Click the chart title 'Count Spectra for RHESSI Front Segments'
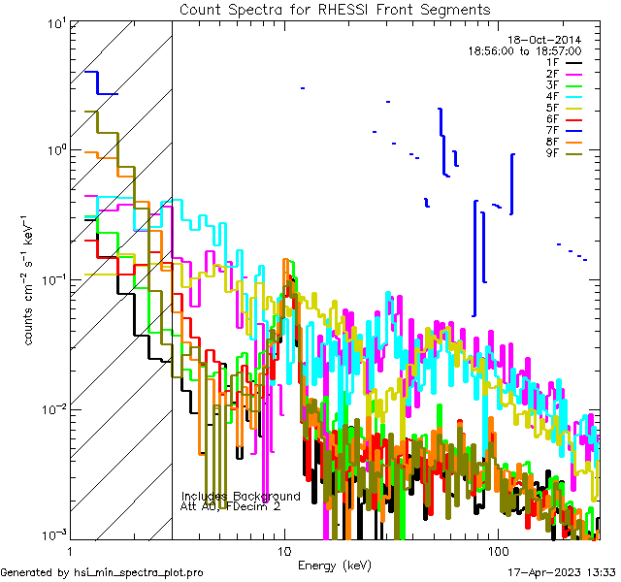click(x=335, y=10)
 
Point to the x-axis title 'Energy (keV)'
click(x=335, y=566)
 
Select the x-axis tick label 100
click(x=497, y=549)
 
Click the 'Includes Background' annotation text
click(x=241, y=497)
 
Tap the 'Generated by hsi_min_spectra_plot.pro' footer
click(x=102, y=573)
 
